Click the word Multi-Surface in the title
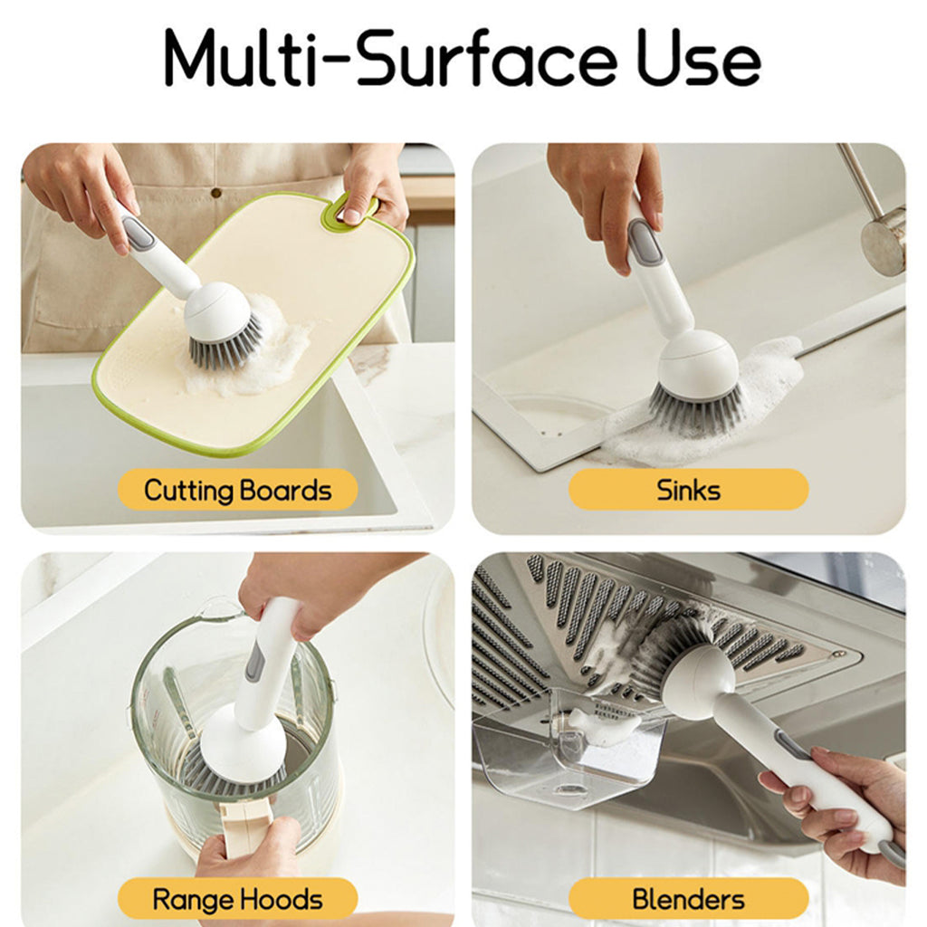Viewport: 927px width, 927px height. (390, 59)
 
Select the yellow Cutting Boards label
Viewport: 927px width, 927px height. (237, 490)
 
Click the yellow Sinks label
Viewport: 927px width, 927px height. (688, 490)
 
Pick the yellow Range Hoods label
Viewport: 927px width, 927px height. (237, 899)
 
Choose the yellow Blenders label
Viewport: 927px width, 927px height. (688, 899)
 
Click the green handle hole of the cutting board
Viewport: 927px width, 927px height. (348, 210)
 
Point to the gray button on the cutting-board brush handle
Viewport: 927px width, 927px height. (139, 234)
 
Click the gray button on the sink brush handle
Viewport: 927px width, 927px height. (645, 243)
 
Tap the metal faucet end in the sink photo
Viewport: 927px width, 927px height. (884, 240)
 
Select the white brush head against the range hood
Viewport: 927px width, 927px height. (697, 678)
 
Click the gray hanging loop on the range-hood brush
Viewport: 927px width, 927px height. (891, 853)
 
